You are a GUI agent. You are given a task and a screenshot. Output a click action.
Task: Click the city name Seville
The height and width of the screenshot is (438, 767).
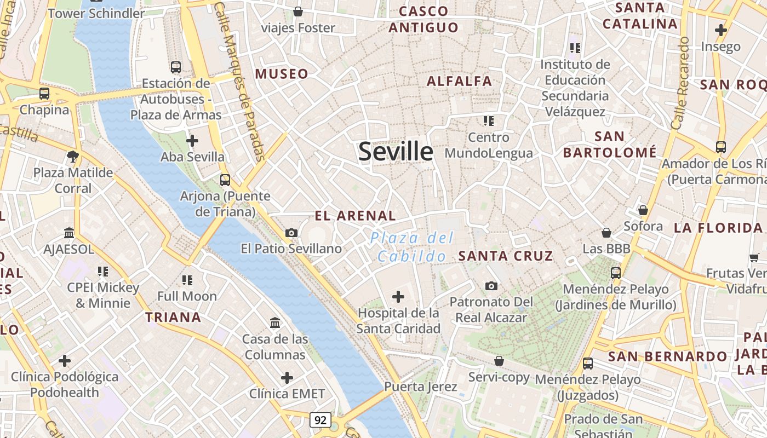coord(396,152)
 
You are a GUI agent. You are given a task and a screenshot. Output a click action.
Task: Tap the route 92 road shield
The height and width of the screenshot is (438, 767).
coord(320,420)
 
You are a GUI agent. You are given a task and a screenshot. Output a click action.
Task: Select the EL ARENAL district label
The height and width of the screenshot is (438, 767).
coord(355,216)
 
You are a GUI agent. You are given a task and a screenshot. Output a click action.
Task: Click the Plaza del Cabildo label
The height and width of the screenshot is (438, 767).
coord(412,247)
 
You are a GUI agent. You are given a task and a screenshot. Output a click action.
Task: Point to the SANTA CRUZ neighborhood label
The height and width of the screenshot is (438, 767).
coord(506,256)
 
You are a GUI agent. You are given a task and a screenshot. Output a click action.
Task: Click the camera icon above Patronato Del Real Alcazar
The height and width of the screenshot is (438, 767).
coord(491,286)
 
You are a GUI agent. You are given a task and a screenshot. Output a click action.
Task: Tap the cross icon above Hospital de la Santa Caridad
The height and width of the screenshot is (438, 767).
coord(398,297)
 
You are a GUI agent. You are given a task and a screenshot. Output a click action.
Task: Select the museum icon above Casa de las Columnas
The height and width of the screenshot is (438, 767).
coord(275,323)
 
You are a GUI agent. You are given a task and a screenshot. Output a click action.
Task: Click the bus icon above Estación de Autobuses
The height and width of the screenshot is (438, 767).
coord(176,67)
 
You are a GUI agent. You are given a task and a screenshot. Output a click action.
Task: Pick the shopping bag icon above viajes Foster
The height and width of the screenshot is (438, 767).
coord(298,11)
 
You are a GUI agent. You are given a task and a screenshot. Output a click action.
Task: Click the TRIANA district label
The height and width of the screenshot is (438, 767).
coord(173,317)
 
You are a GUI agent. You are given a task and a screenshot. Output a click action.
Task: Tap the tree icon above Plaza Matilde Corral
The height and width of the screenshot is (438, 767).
coord(72,157)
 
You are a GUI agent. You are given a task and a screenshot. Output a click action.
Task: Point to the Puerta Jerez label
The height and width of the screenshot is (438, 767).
coord(420,387)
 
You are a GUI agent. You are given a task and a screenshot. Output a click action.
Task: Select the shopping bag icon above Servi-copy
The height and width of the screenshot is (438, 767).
coord(499,361)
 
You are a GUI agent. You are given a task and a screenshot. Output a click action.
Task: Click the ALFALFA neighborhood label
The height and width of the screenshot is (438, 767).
coord(459,81)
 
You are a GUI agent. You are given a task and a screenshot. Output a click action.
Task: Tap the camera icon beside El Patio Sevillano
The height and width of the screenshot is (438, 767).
coord(291,233)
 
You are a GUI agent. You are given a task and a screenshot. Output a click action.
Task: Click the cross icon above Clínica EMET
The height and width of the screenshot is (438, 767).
coord(287,378)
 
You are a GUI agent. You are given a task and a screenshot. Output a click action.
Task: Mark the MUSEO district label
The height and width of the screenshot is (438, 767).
coord(282,74)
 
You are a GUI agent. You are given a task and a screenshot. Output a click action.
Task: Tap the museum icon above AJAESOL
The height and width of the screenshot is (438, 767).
coord(69,233)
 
